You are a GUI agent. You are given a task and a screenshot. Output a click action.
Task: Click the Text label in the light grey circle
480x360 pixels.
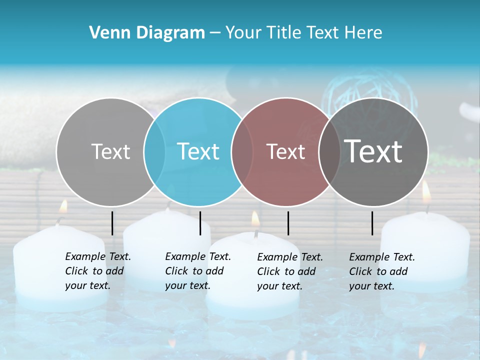(x=110, y=151)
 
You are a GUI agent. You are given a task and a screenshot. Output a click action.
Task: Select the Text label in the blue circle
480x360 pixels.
(x=198, y=151)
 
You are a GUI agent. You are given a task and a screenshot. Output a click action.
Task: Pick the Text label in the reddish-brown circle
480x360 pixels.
(x=285, y=151)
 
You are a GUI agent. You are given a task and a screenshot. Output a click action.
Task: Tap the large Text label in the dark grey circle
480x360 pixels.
(x=373, y=151)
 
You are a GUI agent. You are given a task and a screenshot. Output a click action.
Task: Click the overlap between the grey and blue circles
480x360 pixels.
(x=154, y=151)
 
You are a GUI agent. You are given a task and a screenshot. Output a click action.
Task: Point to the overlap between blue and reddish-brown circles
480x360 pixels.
(x=242, y=151)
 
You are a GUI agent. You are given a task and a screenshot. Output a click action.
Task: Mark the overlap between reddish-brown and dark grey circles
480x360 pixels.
(x=329, y=151)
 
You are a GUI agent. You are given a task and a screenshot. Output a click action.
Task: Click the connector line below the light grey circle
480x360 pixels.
(x=112, y=223)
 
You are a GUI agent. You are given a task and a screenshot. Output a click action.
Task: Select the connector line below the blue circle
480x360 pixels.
(x=200, y=223)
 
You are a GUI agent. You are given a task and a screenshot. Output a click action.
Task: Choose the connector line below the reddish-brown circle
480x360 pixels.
(x=288, y=223)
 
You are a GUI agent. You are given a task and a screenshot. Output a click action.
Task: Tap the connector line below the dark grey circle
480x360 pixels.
(x=372, y=223)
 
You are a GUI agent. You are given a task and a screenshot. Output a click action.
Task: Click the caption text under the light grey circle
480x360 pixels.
(x=97, y=271)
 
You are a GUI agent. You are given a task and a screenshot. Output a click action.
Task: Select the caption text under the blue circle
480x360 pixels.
(x=197, y=271)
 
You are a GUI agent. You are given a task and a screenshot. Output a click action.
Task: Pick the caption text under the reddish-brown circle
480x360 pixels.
(x=289, y=271)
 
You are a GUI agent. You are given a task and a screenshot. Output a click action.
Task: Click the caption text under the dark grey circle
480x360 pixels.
(x=381, y=271)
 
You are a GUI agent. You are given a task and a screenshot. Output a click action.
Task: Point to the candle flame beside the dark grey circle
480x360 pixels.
(x=426, y=192)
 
